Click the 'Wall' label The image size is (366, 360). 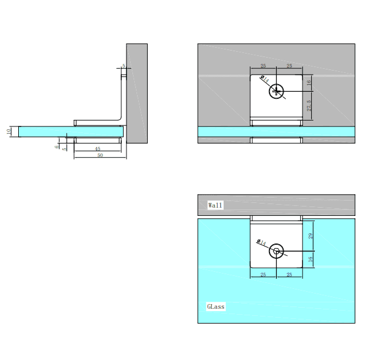point(216,205)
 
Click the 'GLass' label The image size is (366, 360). point(216,306)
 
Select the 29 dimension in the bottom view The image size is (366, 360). point(311,235)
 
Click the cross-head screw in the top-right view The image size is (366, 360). point(277,91)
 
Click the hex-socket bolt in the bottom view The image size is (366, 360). point(277,252)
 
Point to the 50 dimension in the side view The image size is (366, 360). point(100,155)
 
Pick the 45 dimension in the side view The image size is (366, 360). point(98,149)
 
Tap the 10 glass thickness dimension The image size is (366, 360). point(9,132)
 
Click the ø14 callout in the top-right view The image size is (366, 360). point(264,79)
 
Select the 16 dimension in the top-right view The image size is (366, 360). point(310,84)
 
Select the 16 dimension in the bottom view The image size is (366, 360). point(311,259)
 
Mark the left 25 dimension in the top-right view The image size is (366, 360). point(263,66)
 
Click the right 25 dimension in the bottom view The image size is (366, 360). point(290,274)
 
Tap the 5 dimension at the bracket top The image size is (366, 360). point(124,66)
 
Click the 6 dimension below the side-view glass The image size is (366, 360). point(57,146)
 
